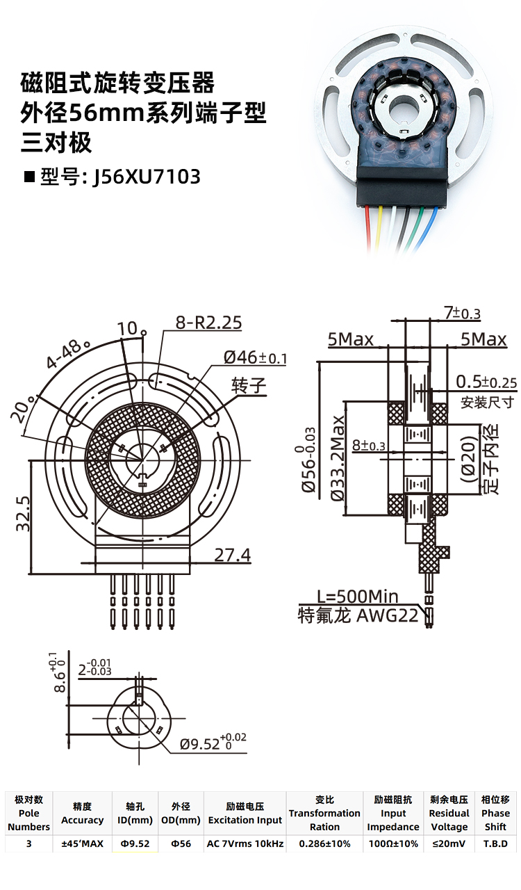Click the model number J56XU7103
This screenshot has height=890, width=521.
click(x=147, y=176)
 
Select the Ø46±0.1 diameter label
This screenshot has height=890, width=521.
click(x=255, y=358)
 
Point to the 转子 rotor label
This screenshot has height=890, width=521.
click(x=249, y=386)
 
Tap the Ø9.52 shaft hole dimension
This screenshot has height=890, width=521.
click(x=213, y=743)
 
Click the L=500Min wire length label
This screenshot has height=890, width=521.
click(x=357, y=597)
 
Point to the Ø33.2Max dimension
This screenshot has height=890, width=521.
click(x=338, y=458)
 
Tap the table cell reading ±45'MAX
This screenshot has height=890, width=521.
click(x=82, y=844)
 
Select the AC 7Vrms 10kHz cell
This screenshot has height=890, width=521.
click(x=245, y=844)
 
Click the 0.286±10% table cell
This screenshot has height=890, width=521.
click(x=324, y=844)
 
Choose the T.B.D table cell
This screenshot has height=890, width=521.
click(x=495, y=844)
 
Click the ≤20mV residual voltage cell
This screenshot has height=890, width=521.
click(x=449, y=844)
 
